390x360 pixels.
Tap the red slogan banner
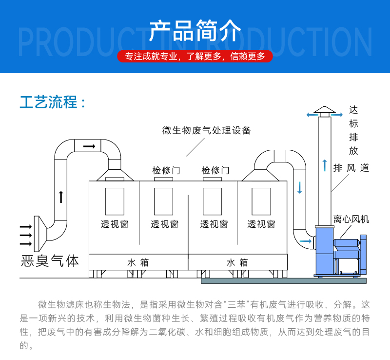pos(195,56)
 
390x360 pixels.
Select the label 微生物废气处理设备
pos(207,130)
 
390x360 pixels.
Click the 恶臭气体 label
pos(50,260)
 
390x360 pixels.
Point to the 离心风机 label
pos(351,219)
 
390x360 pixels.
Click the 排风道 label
pos(351,168)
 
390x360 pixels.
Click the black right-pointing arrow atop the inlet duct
pos(89,146)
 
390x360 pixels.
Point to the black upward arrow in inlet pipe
pos(61,197)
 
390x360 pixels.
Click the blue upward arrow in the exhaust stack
pos(324,165)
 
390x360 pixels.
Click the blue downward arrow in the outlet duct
pos(300,187)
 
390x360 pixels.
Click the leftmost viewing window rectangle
pos(115,201)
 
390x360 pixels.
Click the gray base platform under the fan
pos(283,280)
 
